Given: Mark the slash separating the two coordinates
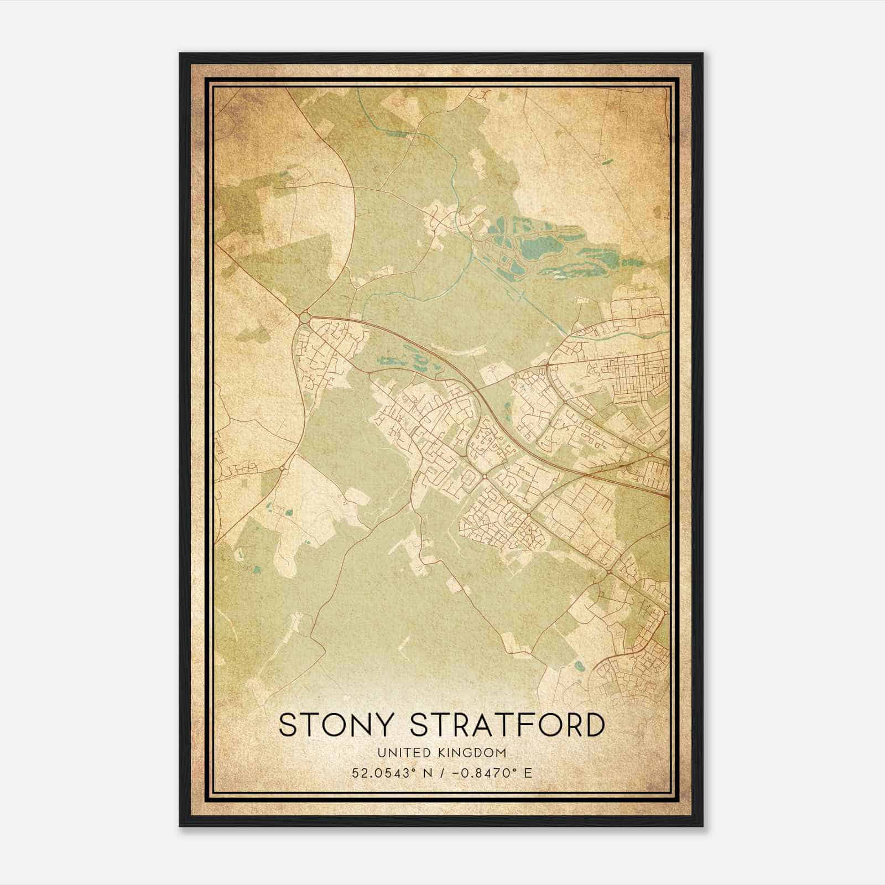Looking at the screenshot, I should click(x=441, y=773).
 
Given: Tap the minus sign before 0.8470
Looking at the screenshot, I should click(x=455, y=773).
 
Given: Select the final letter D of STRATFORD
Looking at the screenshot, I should click(x=593, y=725).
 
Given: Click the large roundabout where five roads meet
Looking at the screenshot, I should click(x=304, y=318).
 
